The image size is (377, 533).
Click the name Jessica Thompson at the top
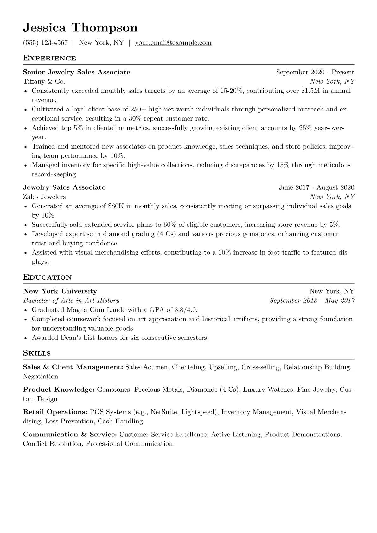click(x=80, y=28)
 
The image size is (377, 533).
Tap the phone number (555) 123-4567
click(x=45, y=43)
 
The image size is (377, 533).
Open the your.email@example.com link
click(x=173, y=43)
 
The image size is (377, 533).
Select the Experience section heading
click(x=49, y=58)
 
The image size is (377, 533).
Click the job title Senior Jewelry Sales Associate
click(x=76, y=72)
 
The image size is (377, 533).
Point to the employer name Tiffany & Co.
click(x=44, y=81)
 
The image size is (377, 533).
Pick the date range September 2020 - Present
click(x=315, y=72)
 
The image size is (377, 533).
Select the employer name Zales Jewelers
click(x=44, y=197)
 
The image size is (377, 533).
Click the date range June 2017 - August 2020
click(x=316, y=187)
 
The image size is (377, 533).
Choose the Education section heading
click(x=48, y=277)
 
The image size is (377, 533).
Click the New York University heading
click(x=60, y=291)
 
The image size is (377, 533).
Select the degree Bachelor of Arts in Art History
click(x=71, y=301)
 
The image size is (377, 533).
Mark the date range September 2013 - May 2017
click(x=312, y=301)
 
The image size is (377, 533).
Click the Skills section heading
click(x=37, y=353)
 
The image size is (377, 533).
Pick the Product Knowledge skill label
click(x=59, y=390)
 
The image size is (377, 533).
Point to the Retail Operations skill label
click(x=55, y=412)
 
